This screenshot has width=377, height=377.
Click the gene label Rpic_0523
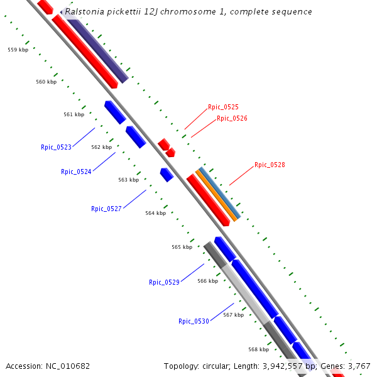click(56, 147)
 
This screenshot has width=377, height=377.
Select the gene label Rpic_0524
click(76, 172)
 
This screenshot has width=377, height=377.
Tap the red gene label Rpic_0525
click(223, 107)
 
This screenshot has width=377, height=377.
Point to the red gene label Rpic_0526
click(232, 118)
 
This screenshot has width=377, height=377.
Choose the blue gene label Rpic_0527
click(106, 209)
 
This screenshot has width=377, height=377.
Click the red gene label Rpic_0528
click(270, 165)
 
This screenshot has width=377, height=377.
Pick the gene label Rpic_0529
click(164, 282)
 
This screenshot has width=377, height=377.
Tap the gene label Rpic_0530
click(194, 321)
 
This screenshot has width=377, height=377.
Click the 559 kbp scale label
click(18, 49)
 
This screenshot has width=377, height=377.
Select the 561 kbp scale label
click(74, 114)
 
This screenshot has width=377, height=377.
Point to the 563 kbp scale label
click(128, 180)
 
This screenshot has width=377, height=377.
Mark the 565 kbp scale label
click(182, 247)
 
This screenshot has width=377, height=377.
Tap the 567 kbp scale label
click(233, 315)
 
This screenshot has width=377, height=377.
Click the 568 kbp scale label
click(258, 349)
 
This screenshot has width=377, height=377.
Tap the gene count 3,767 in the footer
click(359, 366)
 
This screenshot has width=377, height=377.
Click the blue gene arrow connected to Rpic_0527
click(167, 175)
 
